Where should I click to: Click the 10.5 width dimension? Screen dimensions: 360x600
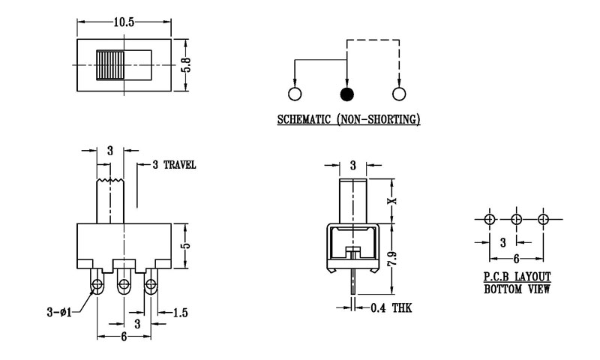pos(124,22)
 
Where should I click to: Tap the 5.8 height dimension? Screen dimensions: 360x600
pos(187,65)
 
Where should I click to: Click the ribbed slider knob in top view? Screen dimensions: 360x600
pos(109,65)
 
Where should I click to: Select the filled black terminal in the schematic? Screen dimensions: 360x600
pos(346,94)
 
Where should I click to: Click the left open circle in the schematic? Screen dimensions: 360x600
pos(294,94)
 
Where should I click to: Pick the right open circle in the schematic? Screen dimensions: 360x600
pos(399,94)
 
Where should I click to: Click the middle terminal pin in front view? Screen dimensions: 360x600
pos(124,285)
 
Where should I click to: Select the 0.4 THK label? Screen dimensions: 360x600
pos(391,307)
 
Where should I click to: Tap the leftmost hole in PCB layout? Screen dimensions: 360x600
pos(489,220)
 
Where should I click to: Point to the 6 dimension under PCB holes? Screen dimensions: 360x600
pos(516,257)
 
